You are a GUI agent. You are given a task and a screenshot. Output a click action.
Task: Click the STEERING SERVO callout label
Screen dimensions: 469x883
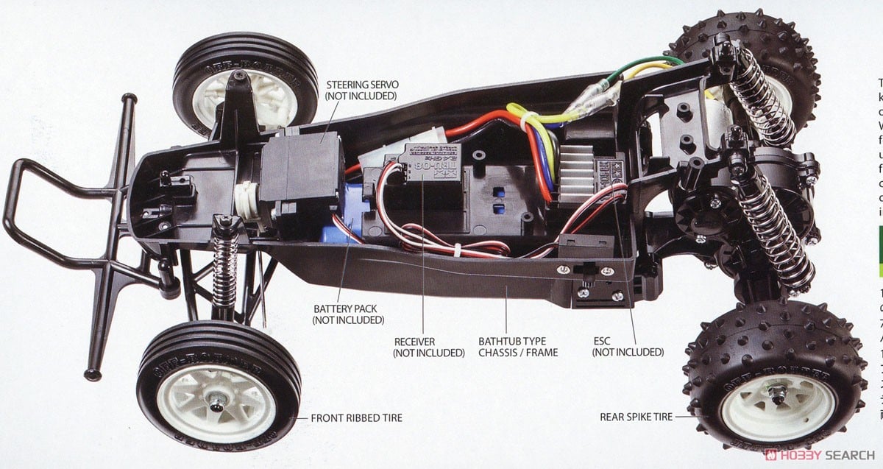pyautogui.click(x=361, y=91)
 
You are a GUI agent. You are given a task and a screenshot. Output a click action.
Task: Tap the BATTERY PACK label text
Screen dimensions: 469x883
pyautogui.click(x=348, y=314)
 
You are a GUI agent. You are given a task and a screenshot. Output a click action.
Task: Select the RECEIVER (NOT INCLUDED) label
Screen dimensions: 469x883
pyautogui.click(x=429, y=347)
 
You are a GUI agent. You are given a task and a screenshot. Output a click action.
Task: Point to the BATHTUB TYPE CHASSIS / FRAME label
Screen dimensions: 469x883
pyautogui.click(x=517, y=347)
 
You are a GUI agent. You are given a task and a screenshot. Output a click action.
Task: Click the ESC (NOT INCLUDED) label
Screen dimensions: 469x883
pyautogui.click(x=628, y=347)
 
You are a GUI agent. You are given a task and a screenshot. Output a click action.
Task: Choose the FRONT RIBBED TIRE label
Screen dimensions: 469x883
pyautogui.click(x=356, y=418)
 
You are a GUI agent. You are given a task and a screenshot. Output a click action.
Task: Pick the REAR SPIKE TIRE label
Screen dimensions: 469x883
pyautogui.click(x=636, y=417)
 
